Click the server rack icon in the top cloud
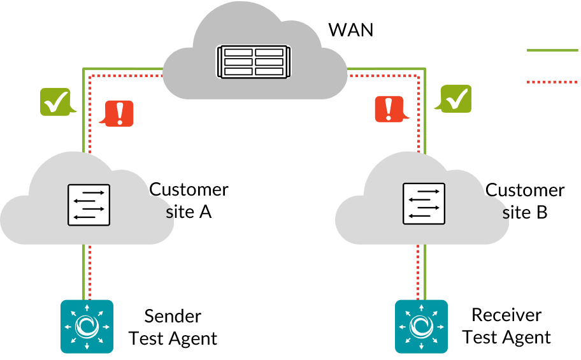point(254,62)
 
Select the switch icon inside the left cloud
point(89,205)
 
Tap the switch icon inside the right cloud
point(424,203)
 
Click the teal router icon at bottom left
point(87,326)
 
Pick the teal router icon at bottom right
point(421,326)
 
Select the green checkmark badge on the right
point(456,99)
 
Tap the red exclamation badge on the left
point(119,113)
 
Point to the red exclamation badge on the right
point(389,109)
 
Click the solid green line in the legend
point(552,50)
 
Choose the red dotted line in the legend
point(552,82)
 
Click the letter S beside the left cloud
point(169,214)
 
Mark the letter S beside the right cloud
point(506,215)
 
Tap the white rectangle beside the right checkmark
point(475,99)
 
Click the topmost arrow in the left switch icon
point(93,192)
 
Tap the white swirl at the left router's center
point(87,326)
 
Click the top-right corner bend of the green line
point(424,68)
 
